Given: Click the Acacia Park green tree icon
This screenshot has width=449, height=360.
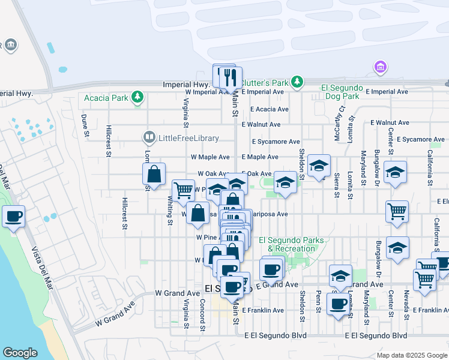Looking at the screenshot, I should pyautogui.click(x=138, y=97).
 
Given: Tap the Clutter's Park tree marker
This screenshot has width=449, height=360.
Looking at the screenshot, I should pyautogui.click(x=296, y=80).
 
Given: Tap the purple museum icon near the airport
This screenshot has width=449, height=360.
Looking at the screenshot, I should pyautogui.click(x=379, y=66).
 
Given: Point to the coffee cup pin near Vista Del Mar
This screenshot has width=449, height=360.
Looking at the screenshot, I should pyautogui.click(x=13, y=217).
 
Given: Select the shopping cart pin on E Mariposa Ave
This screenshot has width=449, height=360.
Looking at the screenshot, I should pyautogui.click(x=397, y=211).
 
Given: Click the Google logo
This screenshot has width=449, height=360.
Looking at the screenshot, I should pyautogui.click(x=20, y=353).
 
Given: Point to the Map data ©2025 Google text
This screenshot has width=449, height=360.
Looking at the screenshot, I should pyautogui.click(x=411, y=355).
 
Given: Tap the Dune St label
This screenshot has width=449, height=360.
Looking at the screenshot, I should pyautogui.click(x=85, y=125).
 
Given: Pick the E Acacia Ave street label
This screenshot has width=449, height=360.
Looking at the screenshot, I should pyautogui.click(x=270, y=109).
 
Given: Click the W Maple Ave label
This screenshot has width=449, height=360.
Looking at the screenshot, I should pyautogui.click(x=210, y=157).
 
